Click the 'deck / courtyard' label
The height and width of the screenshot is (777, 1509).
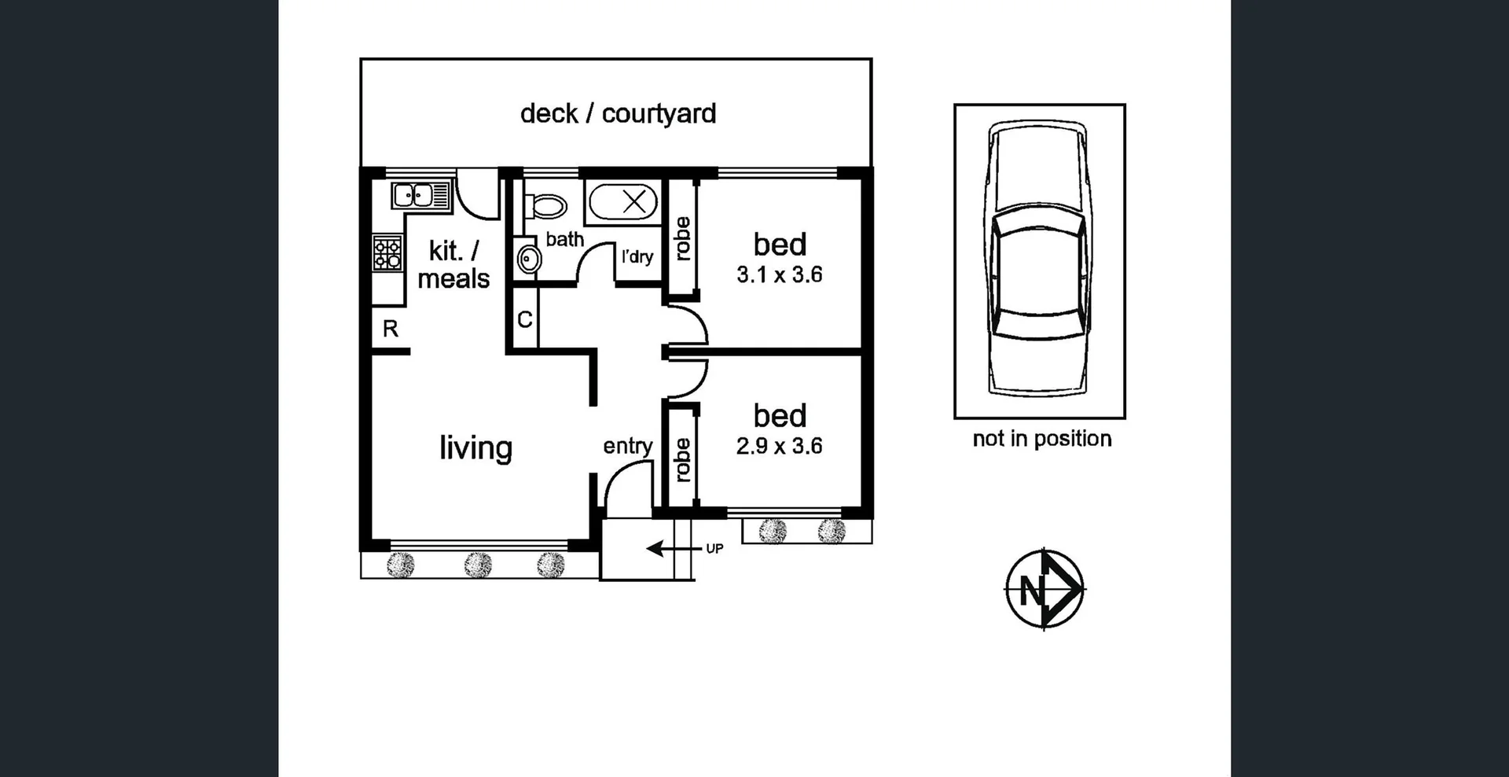coord(618,114)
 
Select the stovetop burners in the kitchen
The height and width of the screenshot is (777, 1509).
coord(387,252)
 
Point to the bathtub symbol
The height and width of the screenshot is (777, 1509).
coord(623,202)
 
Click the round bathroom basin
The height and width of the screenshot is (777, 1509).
coord(529,258)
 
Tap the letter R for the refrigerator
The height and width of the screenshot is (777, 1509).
coord(391,329)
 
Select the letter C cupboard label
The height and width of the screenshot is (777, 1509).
coord(525,319)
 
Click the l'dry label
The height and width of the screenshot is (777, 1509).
coord(637,256)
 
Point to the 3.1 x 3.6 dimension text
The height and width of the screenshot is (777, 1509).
coord(779,274)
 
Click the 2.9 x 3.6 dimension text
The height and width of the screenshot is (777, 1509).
coord(779,446)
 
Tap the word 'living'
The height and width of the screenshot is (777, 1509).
coord(475,447)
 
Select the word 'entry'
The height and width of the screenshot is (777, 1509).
coord(628,446)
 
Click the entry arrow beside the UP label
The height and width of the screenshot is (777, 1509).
coord(664,548)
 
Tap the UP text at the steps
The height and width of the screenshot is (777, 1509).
coord(714,548)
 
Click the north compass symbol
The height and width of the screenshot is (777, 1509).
coord(1044,588)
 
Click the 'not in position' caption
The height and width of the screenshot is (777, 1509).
coord(1041,439)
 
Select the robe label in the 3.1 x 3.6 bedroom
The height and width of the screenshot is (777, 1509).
coord(682,238)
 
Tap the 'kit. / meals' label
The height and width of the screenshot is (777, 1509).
coord(453,265)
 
